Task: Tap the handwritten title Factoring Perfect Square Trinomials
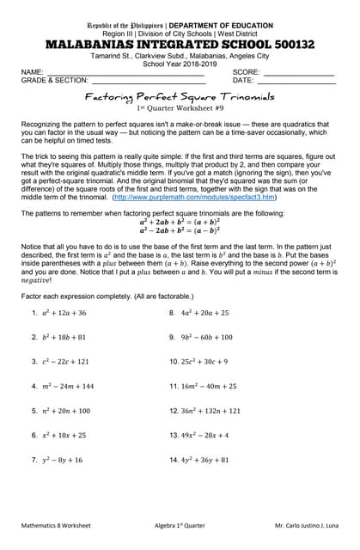pyautogui.click(x=179, y=98)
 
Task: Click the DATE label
pyautogui.click(x=243, y=80)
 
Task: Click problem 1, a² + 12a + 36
pyautogui.click(x=58, y=313)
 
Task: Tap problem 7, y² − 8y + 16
pyautogui.click(x=57, y=461)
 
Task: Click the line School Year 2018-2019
pyautogui.click(x=179, y=63)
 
